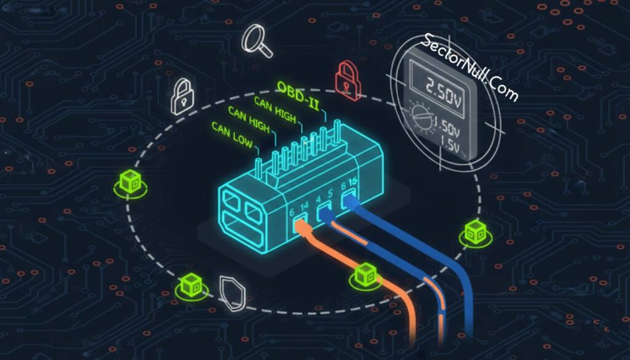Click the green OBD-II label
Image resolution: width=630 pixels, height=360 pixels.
[x=298, y=96]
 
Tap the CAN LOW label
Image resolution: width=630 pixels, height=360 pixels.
[x=232, y=135]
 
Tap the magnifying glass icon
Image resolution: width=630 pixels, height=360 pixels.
[x=257, y=41]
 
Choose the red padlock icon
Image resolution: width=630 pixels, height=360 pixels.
[x=348, y=81]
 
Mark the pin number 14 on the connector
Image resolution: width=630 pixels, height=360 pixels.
[x=304, y=207]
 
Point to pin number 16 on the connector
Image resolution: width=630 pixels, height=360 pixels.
[x=353, y=182]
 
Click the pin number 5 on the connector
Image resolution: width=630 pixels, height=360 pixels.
[x=330, y=194]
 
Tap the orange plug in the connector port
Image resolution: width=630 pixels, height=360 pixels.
[x=301, y=225]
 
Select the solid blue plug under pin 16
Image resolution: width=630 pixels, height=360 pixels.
[x=349, y=199]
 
